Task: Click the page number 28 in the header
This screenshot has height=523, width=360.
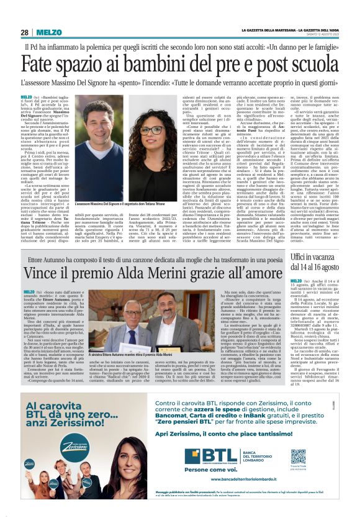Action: point(25,32)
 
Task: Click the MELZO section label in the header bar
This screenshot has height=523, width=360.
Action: point(49,32)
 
